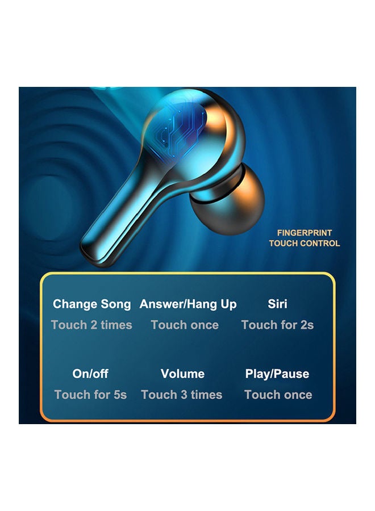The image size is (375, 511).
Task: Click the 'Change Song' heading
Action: [91, 304]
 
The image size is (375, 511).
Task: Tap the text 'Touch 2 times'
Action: [91, 325]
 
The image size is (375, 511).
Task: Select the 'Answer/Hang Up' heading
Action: [188, 304]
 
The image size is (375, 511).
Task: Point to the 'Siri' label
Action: [277, 304]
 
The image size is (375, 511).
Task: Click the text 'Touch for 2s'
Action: [277, 325]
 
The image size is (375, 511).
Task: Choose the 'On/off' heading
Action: [90, 374]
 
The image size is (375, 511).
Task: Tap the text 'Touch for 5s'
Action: [90, 395]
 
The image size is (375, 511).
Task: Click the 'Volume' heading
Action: [182, 374]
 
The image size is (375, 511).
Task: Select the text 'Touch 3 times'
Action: [182, 395]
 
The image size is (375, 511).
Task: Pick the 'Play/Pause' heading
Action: [277, 374]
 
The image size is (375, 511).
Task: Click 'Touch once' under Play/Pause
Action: [278, 395]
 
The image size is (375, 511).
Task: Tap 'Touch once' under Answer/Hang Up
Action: [185, 325]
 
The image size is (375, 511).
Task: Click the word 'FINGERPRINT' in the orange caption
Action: [305, 233]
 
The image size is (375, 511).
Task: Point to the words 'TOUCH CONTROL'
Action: [305, 243]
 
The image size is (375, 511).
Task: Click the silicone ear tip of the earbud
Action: [228, 199]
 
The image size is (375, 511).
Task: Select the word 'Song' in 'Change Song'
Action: [116, 305]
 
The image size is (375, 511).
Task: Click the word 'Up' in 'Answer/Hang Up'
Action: [228, 305]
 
